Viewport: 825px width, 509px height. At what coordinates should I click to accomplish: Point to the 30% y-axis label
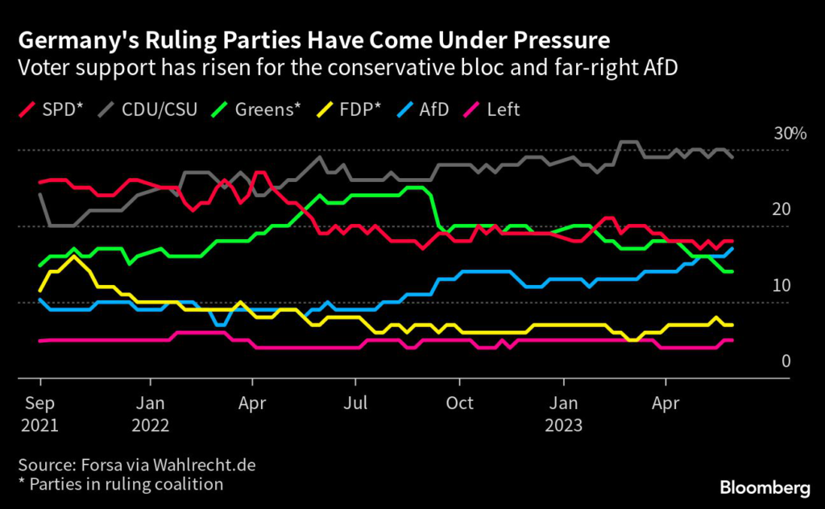pos(790,134)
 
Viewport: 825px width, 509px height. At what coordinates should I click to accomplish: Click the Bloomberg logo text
pos(765,487)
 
